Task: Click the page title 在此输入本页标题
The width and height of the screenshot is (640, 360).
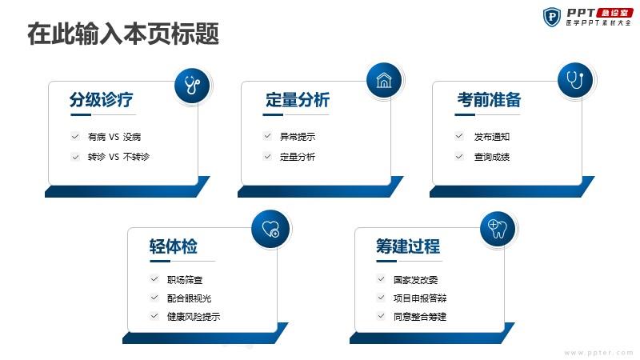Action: (123, 34)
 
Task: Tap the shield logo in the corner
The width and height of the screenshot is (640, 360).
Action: (552, 17)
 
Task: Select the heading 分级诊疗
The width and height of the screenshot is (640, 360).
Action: (102, 99)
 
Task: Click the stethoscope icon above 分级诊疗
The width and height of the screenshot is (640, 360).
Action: (192, 86)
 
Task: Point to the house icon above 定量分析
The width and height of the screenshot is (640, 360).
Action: (384, 81)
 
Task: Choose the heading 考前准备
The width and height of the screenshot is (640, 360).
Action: (489, 99)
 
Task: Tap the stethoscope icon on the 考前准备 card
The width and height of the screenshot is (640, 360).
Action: (575, 80)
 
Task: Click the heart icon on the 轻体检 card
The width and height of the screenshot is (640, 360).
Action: (270, 229)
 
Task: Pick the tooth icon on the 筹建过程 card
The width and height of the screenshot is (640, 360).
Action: (498, 229)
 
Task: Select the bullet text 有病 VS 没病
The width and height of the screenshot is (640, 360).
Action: (114, 137)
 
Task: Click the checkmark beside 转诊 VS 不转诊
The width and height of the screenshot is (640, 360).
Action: (75, 157)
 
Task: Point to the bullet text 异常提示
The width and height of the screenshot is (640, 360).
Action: (298, 137)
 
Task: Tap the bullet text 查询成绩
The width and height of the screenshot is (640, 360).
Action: (492, 157)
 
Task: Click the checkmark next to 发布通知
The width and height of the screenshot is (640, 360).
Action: (459, 136)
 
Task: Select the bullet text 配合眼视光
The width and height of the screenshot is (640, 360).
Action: (189, 298)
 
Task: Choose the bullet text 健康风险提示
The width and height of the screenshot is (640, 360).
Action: (194, 316)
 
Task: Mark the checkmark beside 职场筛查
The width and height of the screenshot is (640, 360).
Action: (154, 279)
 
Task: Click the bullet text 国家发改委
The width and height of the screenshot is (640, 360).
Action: (415, 280)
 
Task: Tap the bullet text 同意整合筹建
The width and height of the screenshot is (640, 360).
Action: (420, 316)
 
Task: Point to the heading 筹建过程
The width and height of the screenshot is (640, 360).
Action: (408, 246)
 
